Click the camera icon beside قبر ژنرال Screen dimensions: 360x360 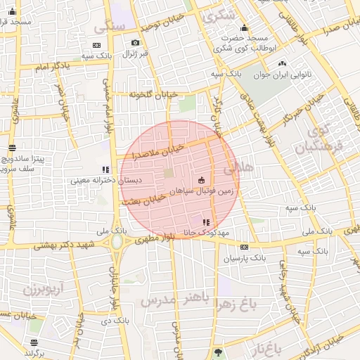pyautogui.click(x=135, y=43)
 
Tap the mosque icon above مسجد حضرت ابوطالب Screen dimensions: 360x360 pyautogui.click(x=225, y=28)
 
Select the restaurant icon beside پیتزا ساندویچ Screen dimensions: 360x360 pyautogui.click(x=12, y=148)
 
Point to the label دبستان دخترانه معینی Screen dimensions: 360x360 pyautogui.click(x=105, y=180)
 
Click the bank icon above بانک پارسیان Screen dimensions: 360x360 pyautogui.click(x=244, y=247)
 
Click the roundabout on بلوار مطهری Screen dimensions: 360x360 pyautogui.click(x=117, y=243)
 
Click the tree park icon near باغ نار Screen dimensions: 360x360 pyautogui.click(x=218, y=351)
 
